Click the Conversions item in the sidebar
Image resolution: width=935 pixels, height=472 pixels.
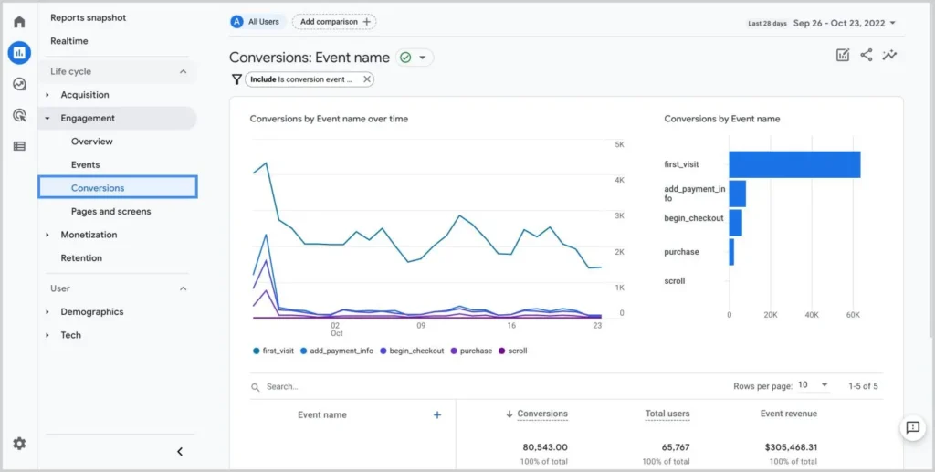[x=98, y=188]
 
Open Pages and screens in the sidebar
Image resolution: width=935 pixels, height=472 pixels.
[x=110, y=212]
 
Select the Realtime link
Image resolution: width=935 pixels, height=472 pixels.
[x=69, y=41]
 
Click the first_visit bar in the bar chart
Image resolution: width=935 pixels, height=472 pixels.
[x=793, y=164]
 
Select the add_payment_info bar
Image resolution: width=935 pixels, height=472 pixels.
[x=737, y=194]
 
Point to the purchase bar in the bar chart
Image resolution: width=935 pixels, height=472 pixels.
[x=731, y=252]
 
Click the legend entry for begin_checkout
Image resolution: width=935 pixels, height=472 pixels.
[x=415, y=351]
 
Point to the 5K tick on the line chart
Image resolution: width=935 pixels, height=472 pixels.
[x=619, y=145]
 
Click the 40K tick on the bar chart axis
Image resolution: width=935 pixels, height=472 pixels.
[x=812, y=315]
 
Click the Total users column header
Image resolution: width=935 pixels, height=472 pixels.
[x=667, y=414]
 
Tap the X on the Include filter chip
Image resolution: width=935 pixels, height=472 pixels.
[x=367, y=79]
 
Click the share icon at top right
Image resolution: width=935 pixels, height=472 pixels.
[x=866, y=55]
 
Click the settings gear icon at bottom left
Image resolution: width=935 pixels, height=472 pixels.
[x=19, y=444]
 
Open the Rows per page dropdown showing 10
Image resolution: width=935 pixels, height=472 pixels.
[x=813, y=385]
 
